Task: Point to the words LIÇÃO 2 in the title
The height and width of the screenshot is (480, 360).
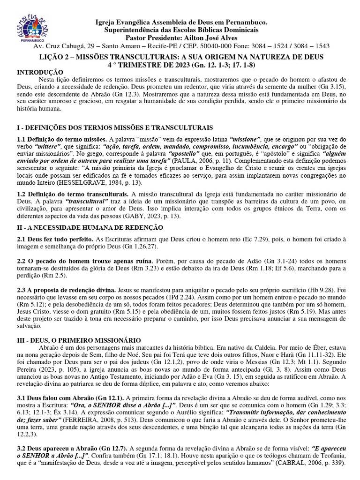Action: click(54, 56)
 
